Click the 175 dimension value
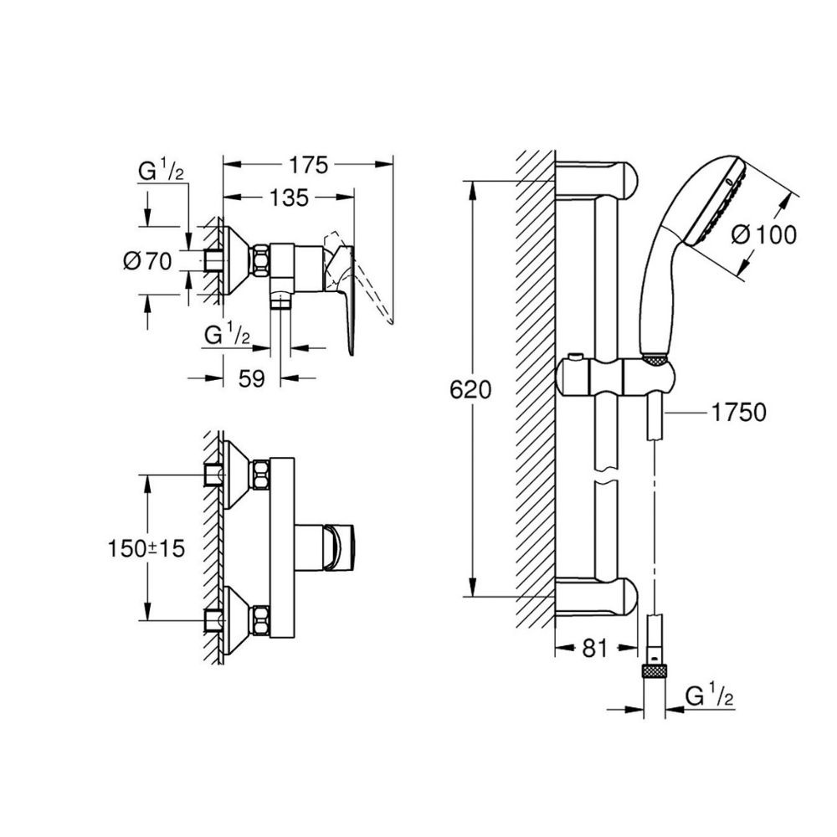point(307,163)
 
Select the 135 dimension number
point(289,198)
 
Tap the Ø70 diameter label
point(147,261)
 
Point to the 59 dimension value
point(252,378)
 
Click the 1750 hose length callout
point(741,413)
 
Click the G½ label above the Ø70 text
point(161,172)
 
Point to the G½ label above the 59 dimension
point(228,334)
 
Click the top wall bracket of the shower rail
point(598,177)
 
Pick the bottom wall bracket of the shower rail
point(598,596)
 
